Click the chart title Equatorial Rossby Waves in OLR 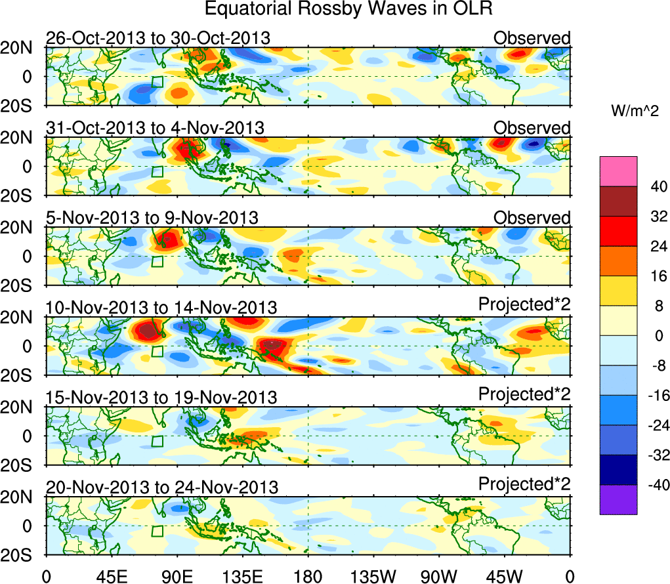pos(348,9)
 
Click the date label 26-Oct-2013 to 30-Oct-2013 pos(157,38)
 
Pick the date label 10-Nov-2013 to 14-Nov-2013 pos(161,307)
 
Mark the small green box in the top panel pos(157,82)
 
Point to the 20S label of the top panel pos(22,106)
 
